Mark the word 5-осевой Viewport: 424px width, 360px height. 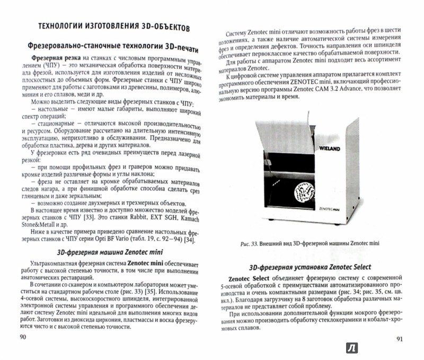(x=233, y=289)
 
